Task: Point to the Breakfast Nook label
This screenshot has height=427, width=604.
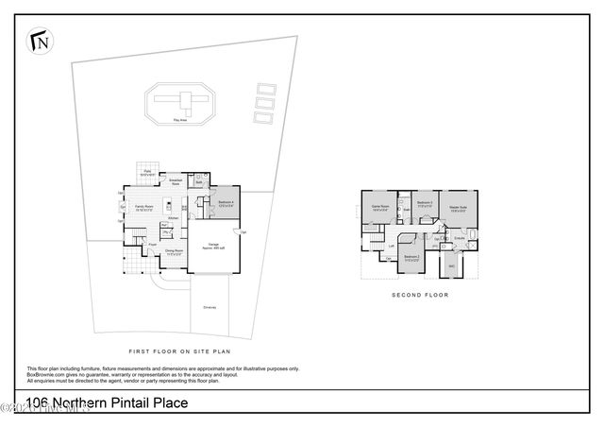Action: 175,181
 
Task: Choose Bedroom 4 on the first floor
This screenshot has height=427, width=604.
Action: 227,203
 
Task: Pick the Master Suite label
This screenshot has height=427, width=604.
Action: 460,208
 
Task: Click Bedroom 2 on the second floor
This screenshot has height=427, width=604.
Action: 411,258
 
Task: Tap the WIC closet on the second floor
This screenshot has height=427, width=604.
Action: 451,266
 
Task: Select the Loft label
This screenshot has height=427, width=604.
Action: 391,246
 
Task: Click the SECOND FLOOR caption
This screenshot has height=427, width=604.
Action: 421,295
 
